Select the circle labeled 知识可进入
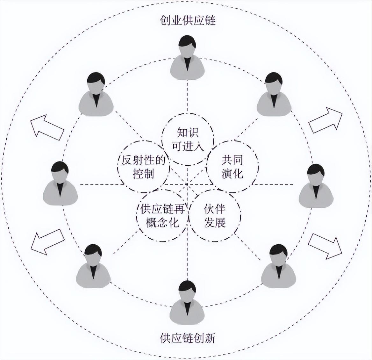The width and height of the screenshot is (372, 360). (x=188, y=139)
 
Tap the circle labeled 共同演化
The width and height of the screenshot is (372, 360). (x=232, y=166)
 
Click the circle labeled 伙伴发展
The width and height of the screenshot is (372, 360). (x=215, y=215)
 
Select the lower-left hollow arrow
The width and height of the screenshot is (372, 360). (x=48, y=241)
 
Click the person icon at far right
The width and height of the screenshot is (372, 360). (x=316, y=187)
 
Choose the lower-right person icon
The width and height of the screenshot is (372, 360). (x=278, y=268)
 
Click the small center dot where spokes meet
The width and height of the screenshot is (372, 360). (x=187, y=184)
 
